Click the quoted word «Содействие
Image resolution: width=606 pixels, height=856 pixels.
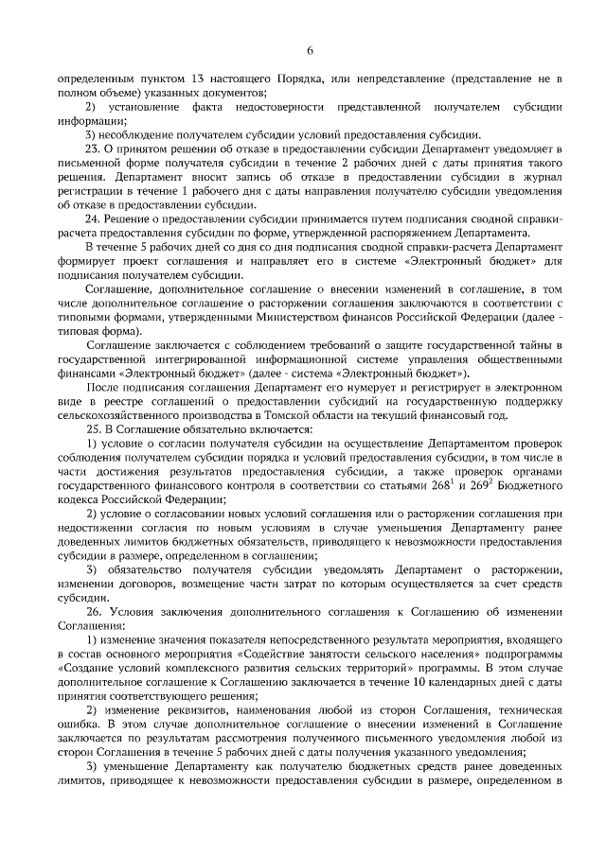tap(279, 655)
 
